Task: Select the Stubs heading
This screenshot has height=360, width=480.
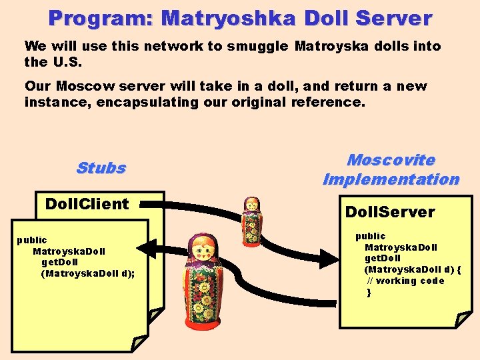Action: coord(101,168)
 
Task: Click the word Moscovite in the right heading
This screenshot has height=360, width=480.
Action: coord(391,160)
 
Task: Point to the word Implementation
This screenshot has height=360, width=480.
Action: coord(391,179)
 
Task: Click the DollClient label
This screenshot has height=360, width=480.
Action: coord(87,204)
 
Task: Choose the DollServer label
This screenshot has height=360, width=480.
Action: coord(389,213)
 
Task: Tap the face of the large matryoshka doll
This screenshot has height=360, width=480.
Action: coord(205,251)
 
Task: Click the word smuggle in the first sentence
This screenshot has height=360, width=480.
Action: coord(257,47)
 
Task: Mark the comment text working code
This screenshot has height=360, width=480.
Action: coord(411,281)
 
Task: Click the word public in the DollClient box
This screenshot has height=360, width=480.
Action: coord(31,240)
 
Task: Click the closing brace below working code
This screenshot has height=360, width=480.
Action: coord(369,292)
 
